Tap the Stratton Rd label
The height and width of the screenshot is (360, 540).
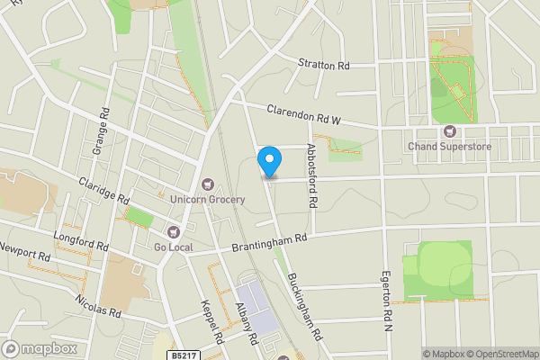[323, 66]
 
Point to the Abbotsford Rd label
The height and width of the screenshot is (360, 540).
[312, 176]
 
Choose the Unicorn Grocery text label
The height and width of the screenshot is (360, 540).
[208, 199]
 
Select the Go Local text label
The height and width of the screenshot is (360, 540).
[173, 247]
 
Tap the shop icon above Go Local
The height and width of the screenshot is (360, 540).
[174, 233]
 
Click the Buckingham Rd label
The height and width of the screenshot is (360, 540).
[306, 304]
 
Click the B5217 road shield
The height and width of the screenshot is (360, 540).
[184, 355]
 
